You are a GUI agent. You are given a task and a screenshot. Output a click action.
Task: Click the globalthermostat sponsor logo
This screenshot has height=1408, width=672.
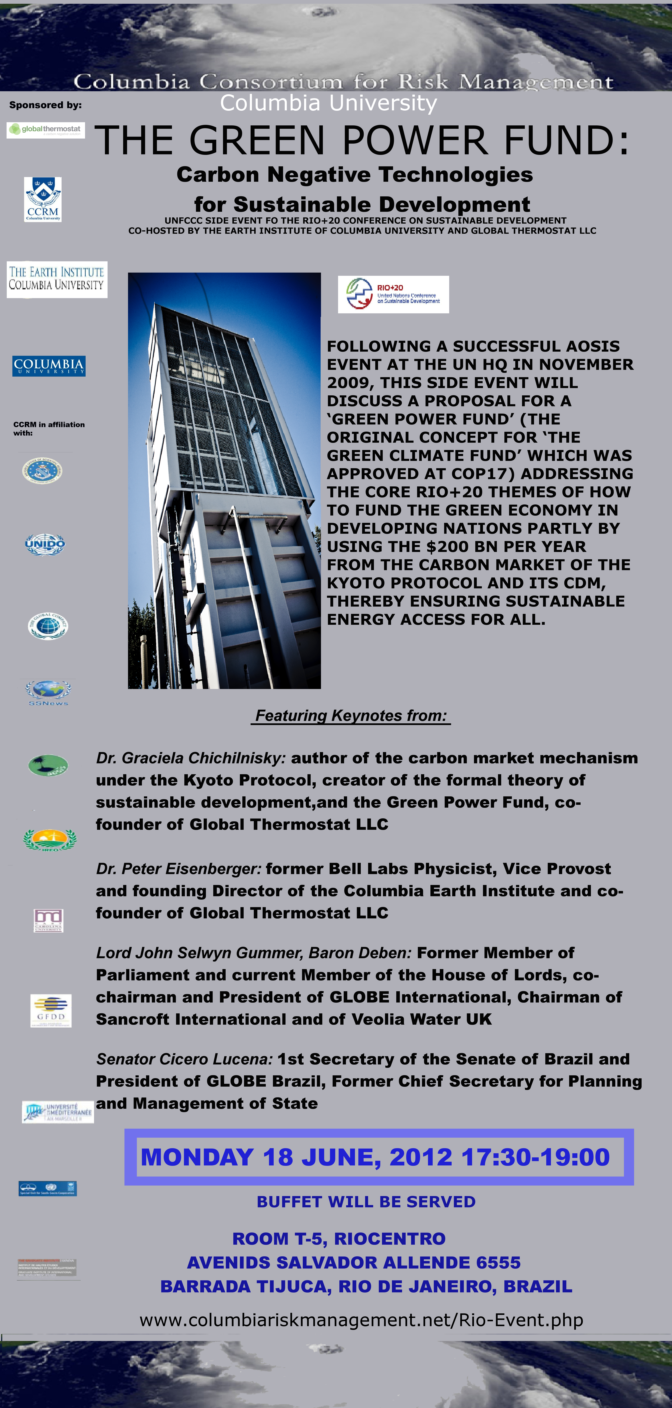(46, 130)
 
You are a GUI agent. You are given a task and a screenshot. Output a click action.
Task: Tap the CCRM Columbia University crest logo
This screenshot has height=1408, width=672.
(43, 199)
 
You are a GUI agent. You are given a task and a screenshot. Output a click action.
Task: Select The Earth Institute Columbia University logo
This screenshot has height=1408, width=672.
(57, 279)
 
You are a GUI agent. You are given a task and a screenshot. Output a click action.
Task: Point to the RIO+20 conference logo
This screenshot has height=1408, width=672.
(393, 294)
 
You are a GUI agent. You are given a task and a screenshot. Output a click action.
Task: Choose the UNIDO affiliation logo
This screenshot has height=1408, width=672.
(45, 544)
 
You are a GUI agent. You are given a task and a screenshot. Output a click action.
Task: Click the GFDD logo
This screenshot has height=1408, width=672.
(51, 1011)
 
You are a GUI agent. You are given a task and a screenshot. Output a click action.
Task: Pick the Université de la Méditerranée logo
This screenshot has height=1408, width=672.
(58, 1112)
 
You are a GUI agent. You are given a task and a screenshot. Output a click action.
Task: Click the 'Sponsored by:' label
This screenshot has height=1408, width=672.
(45, 105)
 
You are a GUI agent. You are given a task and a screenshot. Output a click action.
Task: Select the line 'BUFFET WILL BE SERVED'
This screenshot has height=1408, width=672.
(366, 1202)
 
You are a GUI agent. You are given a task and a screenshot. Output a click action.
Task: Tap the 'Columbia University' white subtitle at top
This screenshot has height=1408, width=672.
(328, 103)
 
